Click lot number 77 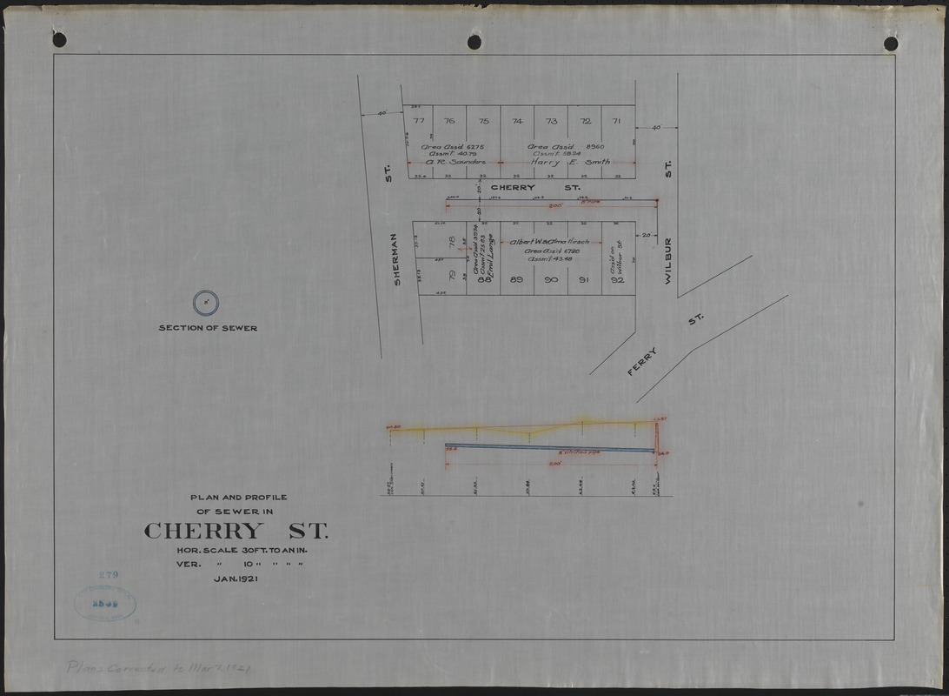[419, 121]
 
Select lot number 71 [616, 121]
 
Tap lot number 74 [517, 121]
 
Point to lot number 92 [618, 280]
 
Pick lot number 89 [516, 279]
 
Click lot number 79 [451, 277]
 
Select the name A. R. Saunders [448, 162]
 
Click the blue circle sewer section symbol [205, 304]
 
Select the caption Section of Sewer [208, 328]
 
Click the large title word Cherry [202, 531]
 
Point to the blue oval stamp [105, 603]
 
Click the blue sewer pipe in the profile [547, 448]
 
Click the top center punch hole [474, 42]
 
